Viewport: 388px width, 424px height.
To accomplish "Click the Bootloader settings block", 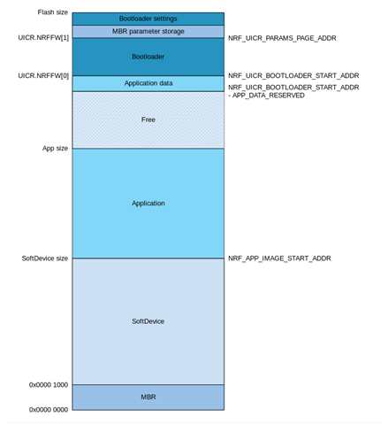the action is pyautogui.click(x=148, y=19).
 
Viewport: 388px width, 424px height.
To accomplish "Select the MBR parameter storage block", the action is pyautogui.click(x=148, y=32).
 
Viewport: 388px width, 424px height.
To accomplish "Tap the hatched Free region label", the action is pyautogui.click(x=148, y=119).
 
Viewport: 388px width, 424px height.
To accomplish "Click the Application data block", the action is pyautogui.click(x=148, y=83).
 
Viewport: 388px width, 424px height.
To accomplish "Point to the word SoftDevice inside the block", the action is pyautogui.click(x=148, y=321).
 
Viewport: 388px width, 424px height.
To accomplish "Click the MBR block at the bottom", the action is pyautogui.click(x=148, y=397).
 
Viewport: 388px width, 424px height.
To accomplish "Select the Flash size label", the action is pyautogui.click(x=53, y=12).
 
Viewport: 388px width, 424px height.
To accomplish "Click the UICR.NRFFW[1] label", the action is pyautogui.click(x=43, y=38).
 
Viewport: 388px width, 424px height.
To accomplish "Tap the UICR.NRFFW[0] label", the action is pyautogui.click(x=43, y=76).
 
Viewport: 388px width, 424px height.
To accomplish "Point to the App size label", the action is pyautogui.click(x=55, y=148).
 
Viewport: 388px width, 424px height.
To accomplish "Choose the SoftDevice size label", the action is pyautogui.click(x=45, y=258).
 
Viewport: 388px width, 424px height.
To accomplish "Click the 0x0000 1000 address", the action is pyautogui.click(x=49, y=385).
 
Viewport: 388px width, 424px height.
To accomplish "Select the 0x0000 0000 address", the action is pyautogui.click(x=49, y=410).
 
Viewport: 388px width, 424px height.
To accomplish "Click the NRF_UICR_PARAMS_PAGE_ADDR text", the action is pyautogui.click(x=282, y=38).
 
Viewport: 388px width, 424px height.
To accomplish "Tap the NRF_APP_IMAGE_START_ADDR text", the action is pyautogui.click(x=279, y=258).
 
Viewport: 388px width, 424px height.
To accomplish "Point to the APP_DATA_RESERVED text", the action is pyautogui.click(x=269, y=96).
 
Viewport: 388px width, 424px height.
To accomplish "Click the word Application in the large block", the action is pyautogui.click(x=148, y=204).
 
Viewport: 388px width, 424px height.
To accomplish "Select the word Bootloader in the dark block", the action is pyautogui.click(x=148, y=57).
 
